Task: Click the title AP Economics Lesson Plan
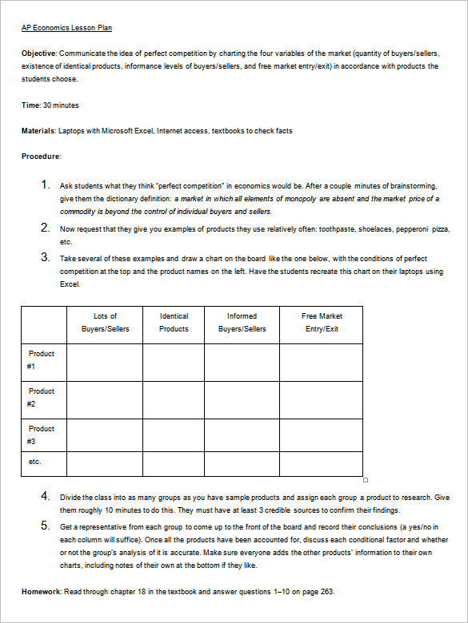coord(66,28)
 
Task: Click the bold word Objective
coord(38,54)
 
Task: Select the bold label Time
coord(30,105)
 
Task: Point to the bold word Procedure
coord(40,157)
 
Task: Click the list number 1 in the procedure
coord(46,185)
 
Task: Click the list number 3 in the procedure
coord(46,257)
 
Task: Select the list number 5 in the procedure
coord(46,526)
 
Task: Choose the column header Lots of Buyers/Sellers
coord(105,323)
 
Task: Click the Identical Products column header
coord(174,323)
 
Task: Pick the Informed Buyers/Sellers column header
coord(242,323)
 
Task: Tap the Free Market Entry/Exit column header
coord(322,323)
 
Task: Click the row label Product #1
coord(41,359)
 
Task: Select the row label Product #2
coord(41,397)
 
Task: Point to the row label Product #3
coord(41,435)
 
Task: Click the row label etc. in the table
coord(34,462)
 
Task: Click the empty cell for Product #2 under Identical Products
coord(174,399)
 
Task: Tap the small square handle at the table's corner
coord(366,480)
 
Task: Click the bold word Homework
coord(41,592)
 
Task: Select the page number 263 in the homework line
coord(326,592)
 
